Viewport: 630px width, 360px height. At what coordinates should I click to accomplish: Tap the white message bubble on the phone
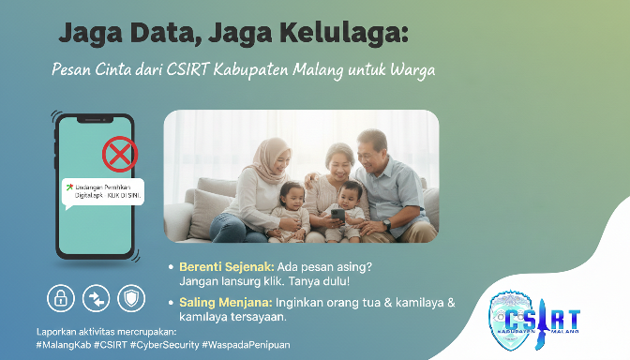(102, 191)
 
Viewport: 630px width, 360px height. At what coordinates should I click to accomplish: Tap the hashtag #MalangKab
(63, 345)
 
